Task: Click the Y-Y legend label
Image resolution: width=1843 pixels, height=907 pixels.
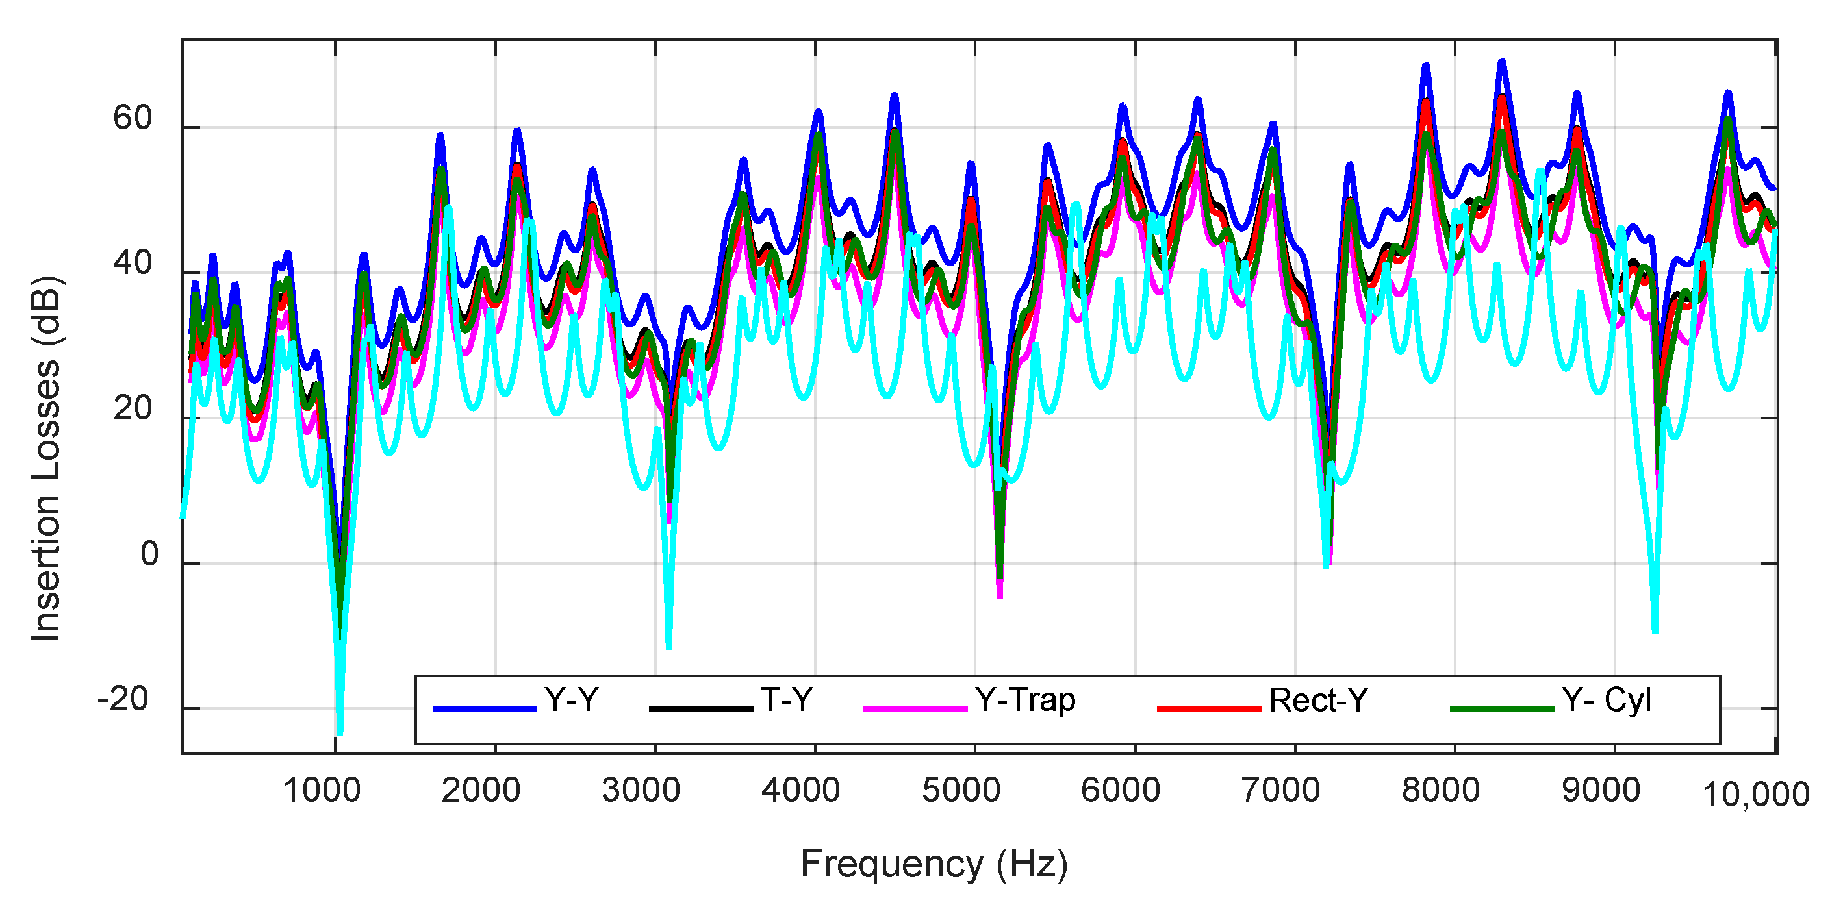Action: [571, 699]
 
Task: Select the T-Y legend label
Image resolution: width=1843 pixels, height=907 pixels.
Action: [786, 699]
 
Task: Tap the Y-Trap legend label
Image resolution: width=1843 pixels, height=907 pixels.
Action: [1024, 699]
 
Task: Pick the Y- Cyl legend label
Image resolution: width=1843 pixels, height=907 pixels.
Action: [1606, 699]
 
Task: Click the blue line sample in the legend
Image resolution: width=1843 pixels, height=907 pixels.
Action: [485, 709]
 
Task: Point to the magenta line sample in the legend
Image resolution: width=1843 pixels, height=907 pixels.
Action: [915, 709]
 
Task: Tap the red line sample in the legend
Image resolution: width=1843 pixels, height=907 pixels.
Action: [1208, 709]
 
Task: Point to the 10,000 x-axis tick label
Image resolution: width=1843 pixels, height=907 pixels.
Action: [1756, 795]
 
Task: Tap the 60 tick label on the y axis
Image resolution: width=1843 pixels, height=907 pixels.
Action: [133, 118]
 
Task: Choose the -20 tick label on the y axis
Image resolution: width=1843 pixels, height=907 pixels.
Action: [123, 699]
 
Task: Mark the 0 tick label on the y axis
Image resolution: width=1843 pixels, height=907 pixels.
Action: [149, 554]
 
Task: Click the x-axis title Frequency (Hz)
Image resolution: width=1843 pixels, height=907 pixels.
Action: [934, 864]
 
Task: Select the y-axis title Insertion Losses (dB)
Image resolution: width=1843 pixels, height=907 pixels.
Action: [47, 458]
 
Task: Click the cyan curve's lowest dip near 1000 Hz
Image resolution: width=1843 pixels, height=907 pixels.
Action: [340, 731]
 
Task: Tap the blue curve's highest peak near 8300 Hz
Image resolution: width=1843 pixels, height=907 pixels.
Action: [1503, 62]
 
